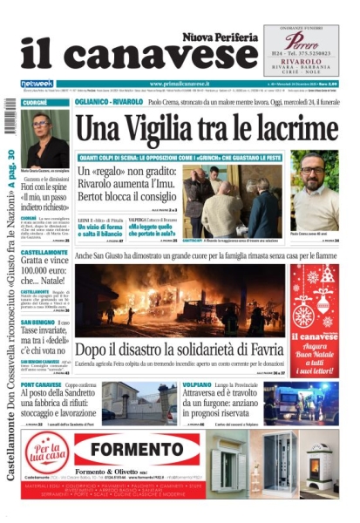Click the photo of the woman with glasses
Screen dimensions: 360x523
coord(44,138)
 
